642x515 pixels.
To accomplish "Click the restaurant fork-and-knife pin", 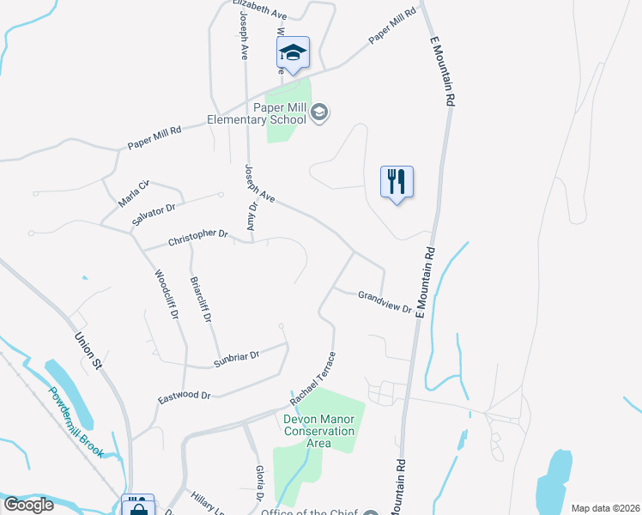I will click(397, 182).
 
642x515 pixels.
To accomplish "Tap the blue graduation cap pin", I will click(293, 54).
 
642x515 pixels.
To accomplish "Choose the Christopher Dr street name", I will click(198, 234).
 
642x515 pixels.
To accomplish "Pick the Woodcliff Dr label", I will click(167, 294).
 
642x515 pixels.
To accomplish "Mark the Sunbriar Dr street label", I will click(236, 359).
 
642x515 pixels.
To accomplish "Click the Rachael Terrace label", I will click(312, 379).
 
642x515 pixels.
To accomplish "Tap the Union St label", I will click(88, 351).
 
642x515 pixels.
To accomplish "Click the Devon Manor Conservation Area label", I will click(318, 431).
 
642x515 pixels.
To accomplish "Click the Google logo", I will click(28, 505).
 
